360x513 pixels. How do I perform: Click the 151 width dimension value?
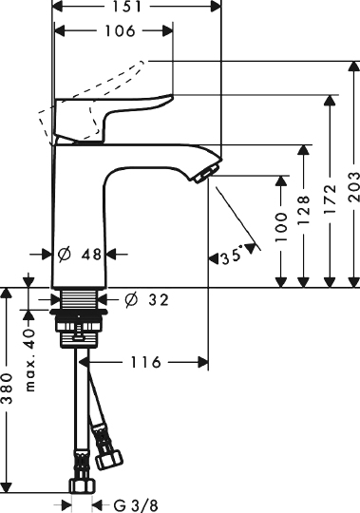[x=134, y=9]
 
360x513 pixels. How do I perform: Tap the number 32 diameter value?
[x=157, y=300]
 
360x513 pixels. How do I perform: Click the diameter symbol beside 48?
[x=65, y=255]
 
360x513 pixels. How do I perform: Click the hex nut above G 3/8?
[x=80, y=487]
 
